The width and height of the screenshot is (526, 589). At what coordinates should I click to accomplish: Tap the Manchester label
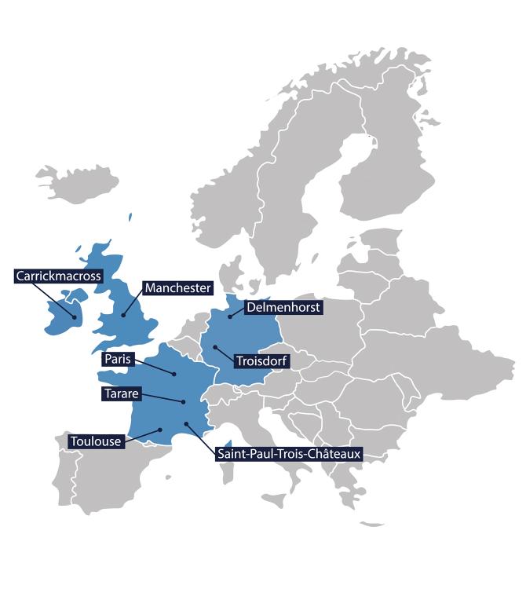(x=177, y=288)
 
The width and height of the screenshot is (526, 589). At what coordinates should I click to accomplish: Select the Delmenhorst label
(x=283, y=308)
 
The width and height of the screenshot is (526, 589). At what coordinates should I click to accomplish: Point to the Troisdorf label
(x=261, y=361)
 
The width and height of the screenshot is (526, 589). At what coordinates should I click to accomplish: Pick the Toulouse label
(x=96, y=441)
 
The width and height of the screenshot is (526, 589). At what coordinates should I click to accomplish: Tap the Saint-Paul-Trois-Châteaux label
(x=287, y=453)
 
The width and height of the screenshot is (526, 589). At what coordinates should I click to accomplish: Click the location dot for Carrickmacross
(x=75, y=317)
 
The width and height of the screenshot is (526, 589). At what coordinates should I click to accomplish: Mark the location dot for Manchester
(x=123, y=315)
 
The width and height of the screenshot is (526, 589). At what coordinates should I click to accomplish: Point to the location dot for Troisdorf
(x=214, y=346)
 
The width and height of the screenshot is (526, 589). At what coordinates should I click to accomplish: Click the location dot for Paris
(x=174, y=375)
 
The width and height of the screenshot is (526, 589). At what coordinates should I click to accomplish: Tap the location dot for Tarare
(x=183, y=402)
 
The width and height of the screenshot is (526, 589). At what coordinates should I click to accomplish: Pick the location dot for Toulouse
(x=160, y=429)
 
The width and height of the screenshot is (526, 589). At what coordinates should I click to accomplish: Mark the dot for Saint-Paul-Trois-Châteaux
(x=187, y=424)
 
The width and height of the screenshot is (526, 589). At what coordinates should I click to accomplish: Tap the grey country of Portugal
(x=64, y=479)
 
